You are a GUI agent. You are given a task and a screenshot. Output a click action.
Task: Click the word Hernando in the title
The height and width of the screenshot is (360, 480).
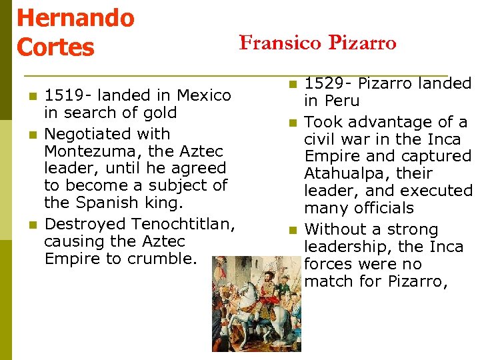pos(75,17)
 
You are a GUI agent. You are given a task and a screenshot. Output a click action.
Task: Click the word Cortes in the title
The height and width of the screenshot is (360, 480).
pos(55,47)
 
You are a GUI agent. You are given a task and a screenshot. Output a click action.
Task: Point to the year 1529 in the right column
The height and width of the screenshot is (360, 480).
pos(323,84)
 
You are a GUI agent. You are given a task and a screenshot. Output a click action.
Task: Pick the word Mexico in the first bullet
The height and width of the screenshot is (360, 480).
pos(202,95)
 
